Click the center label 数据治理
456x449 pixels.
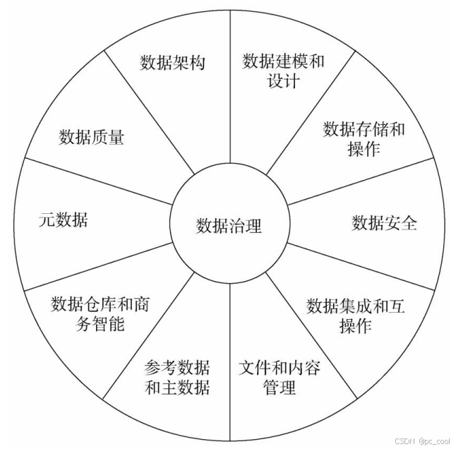(x=229, y=226)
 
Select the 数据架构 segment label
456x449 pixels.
(x=172, y=63)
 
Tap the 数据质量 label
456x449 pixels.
(x=91, y=136)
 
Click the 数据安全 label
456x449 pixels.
(x=384, y=223)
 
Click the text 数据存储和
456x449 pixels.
(x=364, y=129)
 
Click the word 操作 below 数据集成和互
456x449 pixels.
(x=356, y=325)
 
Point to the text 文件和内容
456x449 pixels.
(x=279, y=367)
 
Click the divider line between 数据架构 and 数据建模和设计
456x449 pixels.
(x=231, y=92)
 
